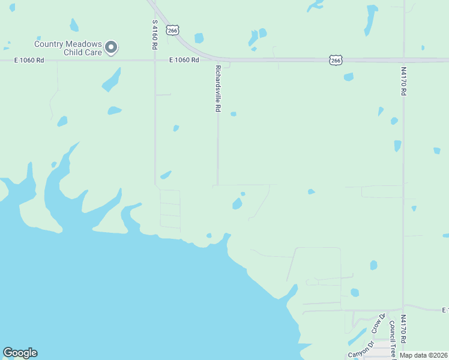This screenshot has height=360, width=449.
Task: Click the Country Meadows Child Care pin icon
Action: (x=111, y=47)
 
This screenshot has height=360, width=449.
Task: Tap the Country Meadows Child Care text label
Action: (x=67, y=48)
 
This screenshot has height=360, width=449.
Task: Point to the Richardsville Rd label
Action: (x=218, y=89)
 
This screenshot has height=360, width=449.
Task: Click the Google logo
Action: (x=20, y=353)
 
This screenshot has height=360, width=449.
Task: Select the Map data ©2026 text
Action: (x=423, y=355)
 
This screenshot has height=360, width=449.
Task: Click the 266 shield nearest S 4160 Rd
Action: (x=173, y=29)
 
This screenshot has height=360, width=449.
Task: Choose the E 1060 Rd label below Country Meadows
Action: (x=30, y=60)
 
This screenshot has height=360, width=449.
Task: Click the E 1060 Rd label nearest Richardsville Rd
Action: (x=184, y=60)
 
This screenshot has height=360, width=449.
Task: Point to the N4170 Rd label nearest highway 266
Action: (x=404, y=82)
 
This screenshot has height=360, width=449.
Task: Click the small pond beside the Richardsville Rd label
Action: (x=234, y=114)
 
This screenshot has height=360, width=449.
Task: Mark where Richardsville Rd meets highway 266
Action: (x=217, y=59)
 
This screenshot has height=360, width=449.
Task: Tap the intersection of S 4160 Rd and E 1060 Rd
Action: (x=155, y=60)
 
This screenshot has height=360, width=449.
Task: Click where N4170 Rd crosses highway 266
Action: (x=404, y=60)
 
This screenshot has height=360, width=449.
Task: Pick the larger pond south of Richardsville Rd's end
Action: (x=237, y=204)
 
